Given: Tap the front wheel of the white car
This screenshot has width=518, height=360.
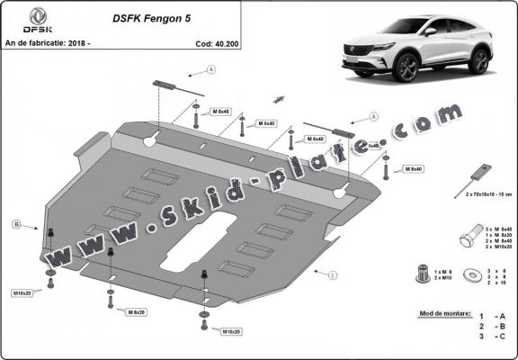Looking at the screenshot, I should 406,67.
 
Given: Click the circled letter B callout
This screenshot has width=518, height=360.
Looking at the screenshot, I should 16,223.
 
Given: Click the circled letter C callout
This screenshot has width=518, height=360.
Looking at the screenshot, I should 333,274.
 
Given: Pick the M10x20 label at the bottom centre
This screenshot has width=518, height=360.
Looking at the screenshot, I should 232,332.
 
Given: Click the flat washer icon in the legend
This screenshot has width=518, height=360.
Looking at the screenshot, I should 471,274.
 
